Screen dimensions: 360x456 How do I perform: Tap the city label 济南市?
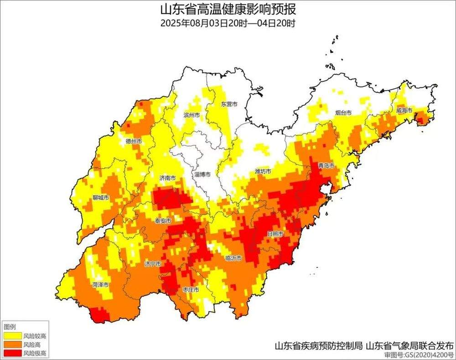coord(167,178)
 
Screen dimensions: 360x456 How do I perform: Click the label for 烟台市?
coord(343,112)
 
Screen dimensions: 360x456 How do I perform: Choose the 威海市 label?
coord(404,110)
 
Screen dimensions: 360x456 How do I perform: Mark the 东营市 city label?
coord(229,104)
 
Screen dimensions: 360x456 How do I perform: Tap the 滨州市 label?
coord(191,115)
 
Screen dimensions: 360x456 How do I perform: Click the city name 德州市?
coord(134,141)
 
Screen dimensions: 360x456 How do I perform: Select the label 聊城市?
coord(100,198)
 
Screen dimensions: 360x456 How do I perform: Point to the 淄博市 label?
coord(202,175)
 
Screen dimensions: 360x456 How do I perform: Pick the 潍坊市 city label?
coord(263,172)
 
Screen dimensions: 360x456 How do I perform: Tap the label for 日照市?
coord(275,234)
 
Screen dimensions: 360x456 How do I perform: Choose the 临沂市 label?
coord(233,258)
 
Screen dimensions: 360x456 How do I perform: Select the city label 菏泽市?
coord(100,284)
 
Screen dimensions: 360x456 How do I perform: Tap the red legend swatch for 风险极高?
coord(12,353)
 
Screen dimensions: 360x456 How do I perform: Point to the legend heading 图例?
coord(10,327)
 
